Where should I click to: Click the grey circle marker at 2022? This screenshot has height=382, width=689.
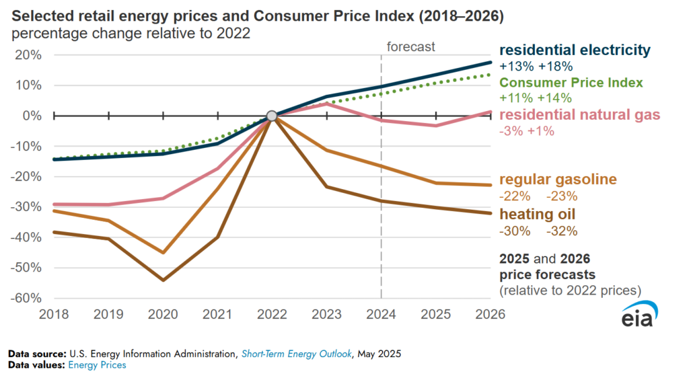click(272, 116)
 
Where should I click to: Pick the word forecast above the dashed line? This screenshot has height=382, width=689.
click(411, 47)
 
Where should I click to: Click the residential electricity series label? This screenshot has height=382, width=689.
click(575, 50)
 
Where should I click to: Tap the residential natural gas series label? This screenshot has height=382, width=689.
click(580, 115)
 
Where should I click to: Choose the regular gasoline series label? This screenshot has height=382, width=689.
click(558, 180)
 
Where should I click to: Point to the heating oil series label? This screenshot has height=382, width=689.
click(537, 215)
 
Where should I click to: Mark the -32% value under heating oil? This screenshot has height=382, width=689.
click(562, 231)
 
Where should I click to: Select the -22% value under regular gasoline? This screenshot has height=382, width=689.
click(515, 196)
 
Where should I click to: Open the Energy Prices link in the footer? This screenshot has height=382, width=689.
click(96, 365)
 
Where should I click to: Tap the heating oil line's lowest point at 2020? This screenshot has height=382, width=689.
click(163, 280)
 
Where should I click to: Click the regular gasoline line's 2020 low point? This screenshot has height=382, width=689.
click(163, 253)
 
